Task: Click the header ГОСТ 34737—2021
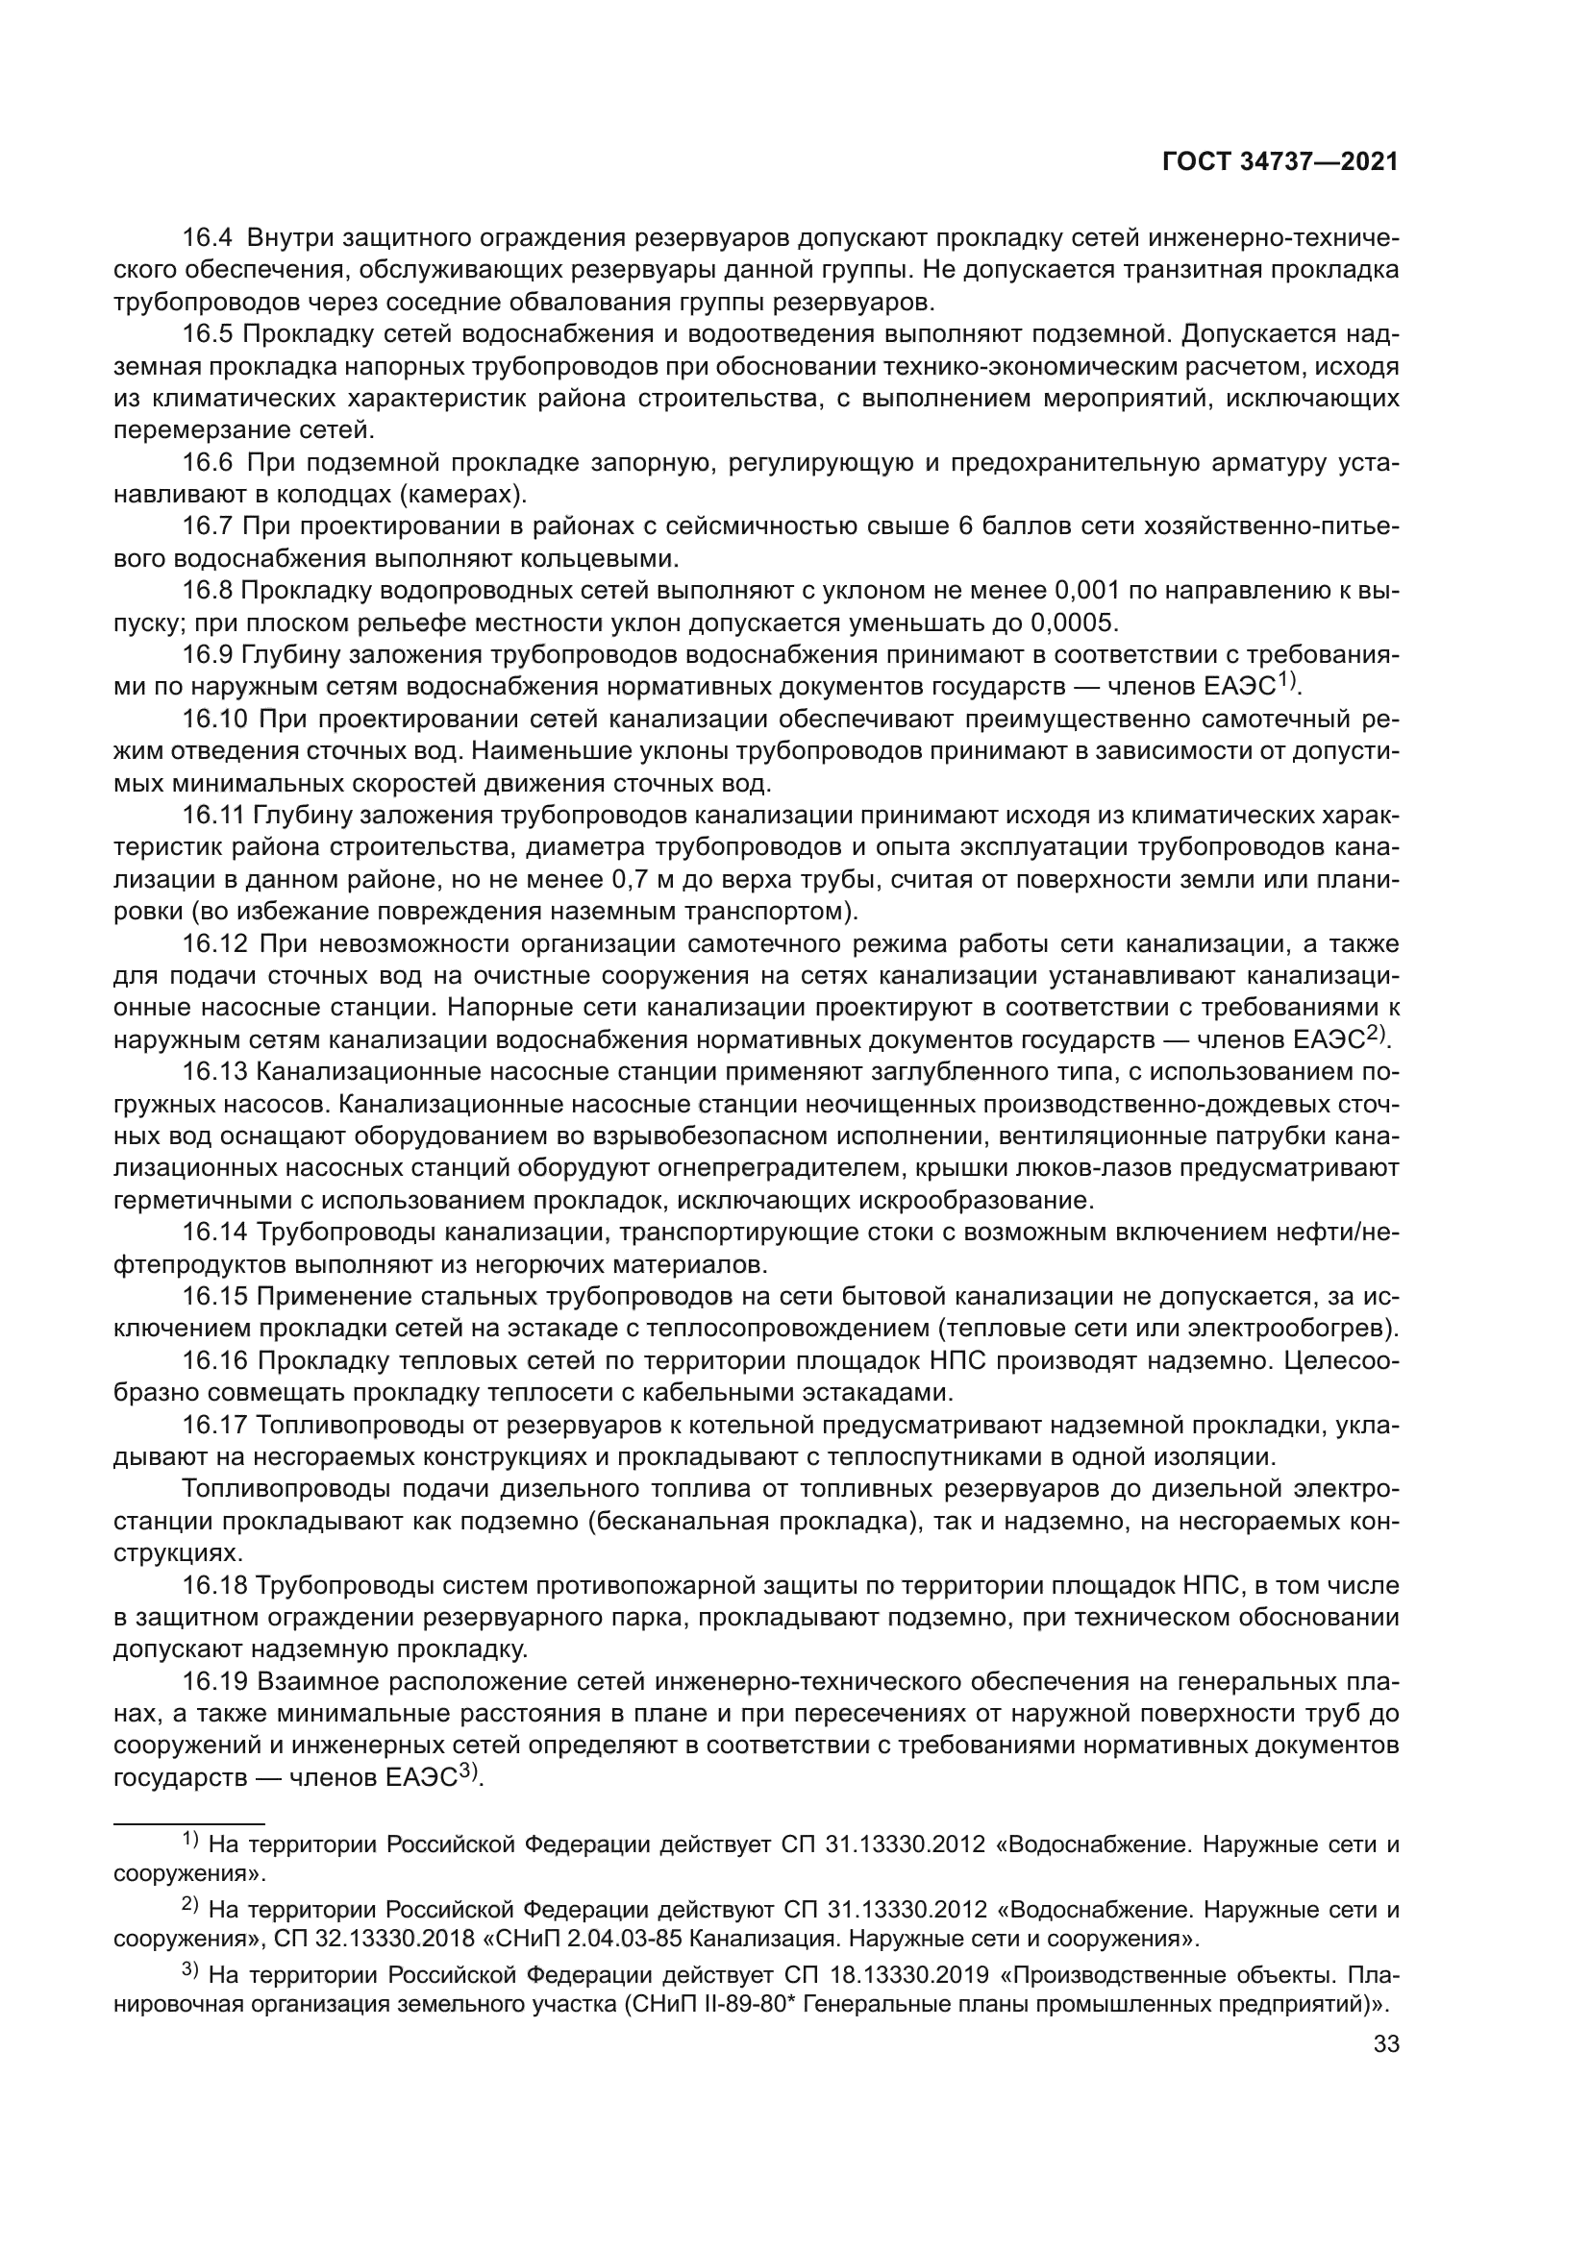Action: click(x=1279, y=161)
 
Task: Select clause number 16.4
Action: click(x=209, y=238)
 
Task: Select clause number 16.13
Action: click(x=214, y=1073)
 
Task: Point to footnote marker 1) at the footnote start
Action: click(x=190, y=1841)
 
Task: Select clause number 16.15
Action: click(x=214, y=1298)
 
